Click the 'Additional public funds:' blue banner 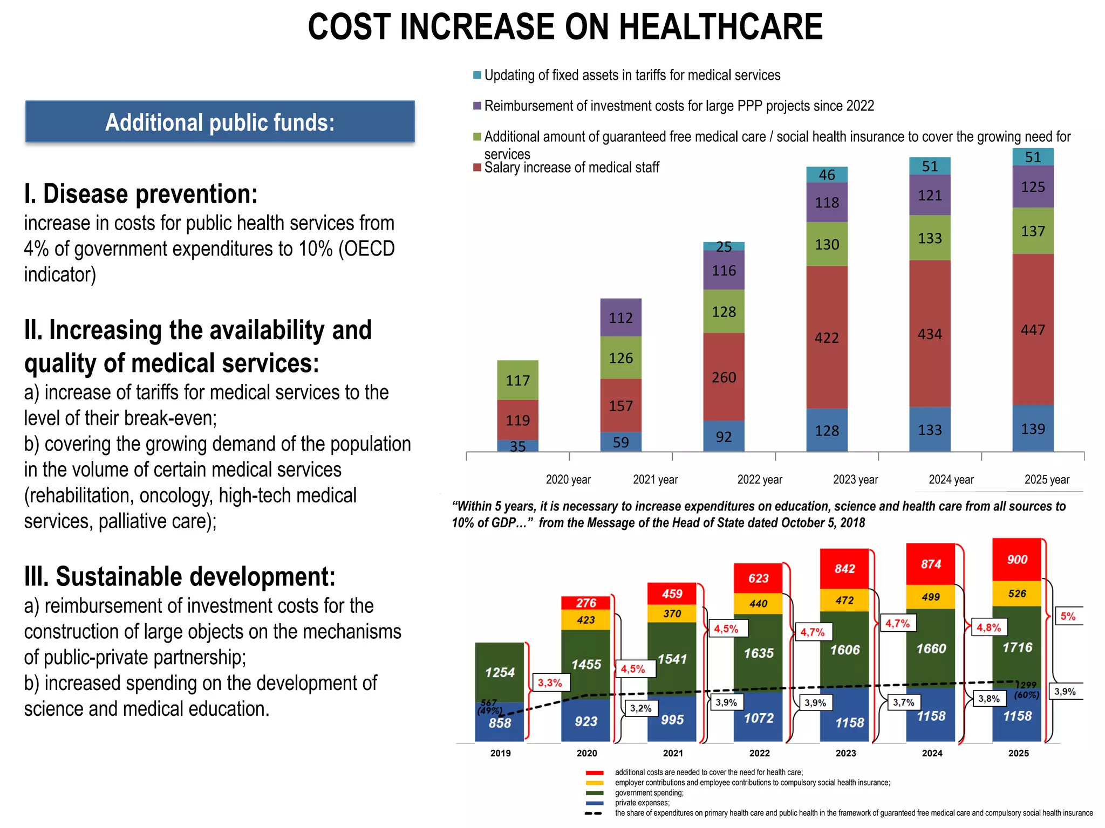(x=220, y=122)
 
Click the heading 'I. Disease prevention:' (x=141, y=194)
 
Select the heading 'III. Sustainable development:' (x=180, y=577)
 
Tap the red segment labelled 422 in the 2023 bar (x=827, y=337)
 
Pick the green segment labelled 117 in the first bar (x=517, y=380)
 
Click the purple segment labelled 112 (x=620, y=318)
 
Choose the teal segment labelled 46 (x=827, y=175)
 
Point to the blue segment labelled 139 (x=1033, y=429)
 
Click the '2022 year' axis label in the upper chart (x=759, y=479)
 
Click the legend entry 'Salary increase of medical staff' (x=571, y=168)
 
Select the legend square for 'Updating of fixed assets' (x=477, y=75)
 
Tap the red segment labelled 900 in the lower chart (x=1017, y=560)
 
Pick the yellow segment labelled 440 (x=758, y=604)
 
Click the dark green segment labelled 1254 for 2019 (x=500, y=672)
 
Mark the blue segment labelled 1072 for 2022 (x=758, y=718)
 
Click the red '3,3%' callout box (x=550, y=682)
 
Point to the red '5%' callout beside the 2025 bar (x=1068, y=616)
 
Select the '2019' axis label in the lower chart (x=500, y=753)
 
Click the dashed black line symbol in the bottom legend (x=594, y=813)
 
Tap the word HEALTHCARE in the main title (x=721, y=27)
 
